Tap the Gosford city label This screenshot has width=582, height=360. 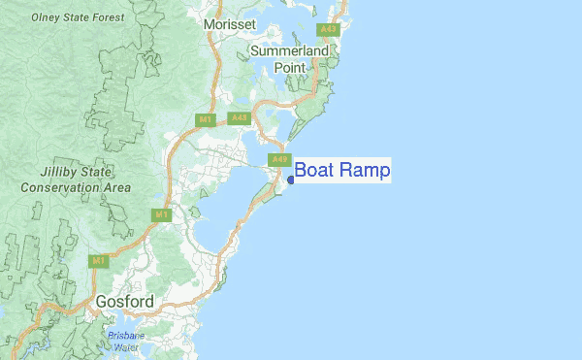pyautogui.click(x=124, y=302)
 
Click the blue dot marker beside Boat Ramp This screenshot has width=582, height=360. pyautogui.click(x=291, y=180)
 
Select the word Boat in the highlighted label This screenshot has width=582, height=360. pyautogui.click(x=313, y=171)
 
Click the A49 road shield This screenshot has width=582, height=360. pyautogui.click(x=280, y=159)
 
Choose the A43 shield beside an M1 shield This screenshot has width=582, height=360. pyautogui.click(x=239, y=118)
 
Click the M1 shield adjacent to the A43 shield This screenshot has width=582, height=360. pyautogui.click(x=206, y=119)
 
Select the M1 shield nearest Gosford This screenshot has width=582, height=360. pyautogui.click(x=99, y=261)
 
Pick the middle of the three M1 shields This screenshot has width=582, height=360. pyautogui.click(x=161, y=214)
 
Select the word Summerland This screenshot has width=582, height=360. pyautogui.click(x=289, y=50)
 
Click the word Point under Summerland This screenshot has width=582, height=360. pyautogui.click(x=289, y=67)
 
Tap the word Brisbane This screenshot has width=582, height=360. pyautogui.click(x=126, y=336)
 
